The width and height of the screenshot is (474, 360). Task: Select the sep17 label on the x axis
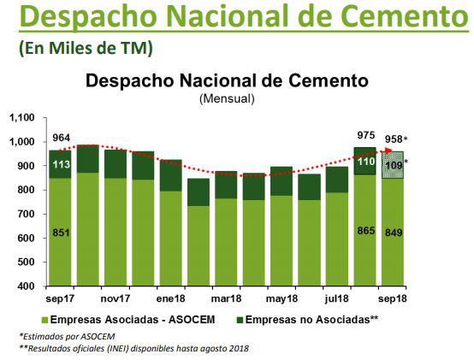pyautogui.click(x=60, y=298)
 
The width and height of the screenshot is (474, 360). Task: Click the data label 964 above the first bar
pyautogui.click(x=61, y=137)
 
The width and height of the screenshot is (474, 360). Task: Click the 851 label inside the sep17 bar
pyautogui.click(x=60, y=233)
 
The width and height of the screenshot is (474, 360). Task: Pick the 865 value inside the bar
pyautogui.click(x=365, y=231)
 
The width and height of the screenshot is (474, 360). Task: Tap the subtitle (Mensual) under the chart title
pyautogui.click(x=226, y=98)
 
